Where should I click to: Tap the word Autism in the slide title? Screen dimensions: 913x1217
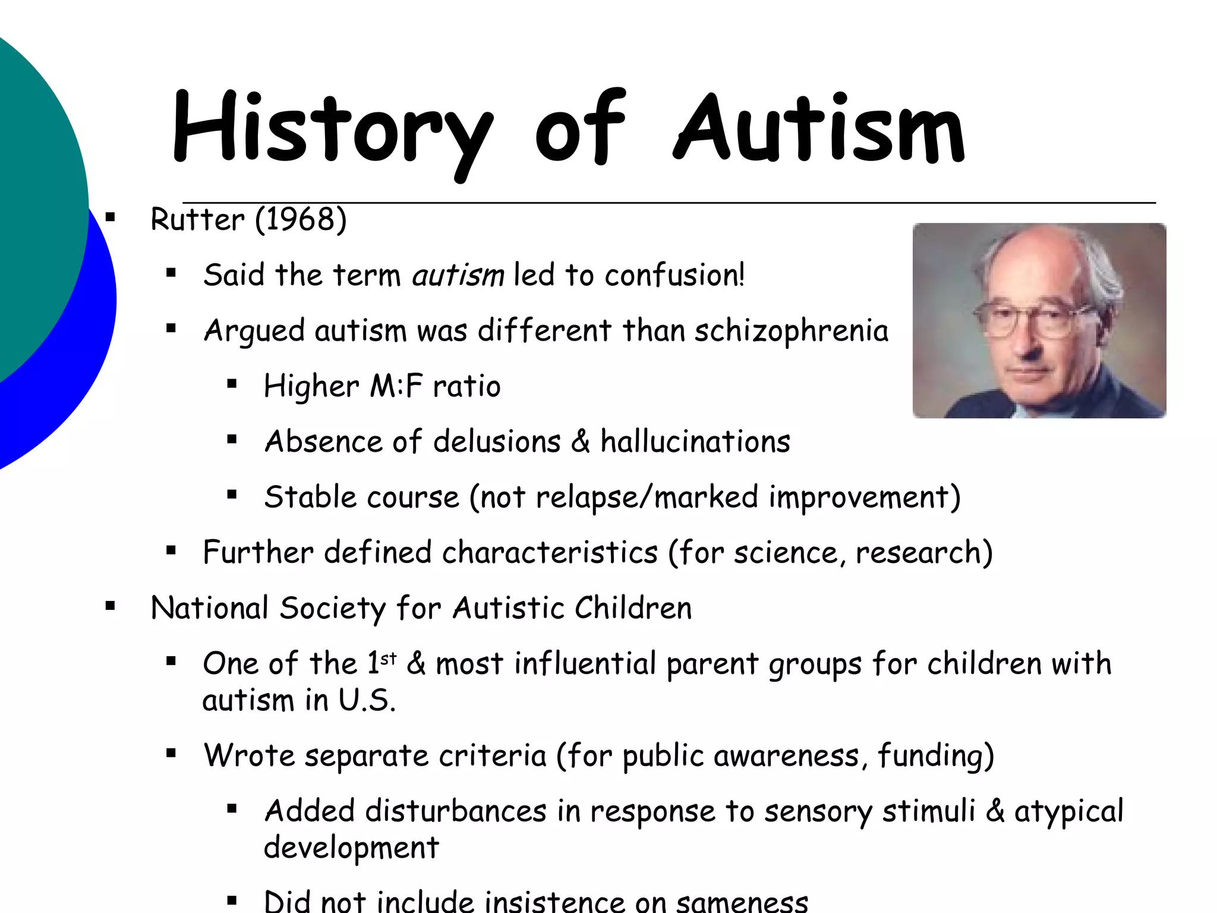point(820,128)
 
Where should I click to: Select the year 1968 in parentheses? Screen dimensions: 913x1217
point(301,220)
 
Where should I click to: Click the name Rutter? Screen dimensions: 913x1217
point(197,220)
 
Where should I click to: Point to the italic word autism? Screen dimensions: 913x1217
point(458,276)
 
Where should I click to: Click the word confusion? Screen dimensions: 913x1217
point(674,276)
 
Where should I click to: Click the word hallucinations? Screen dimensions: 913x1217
point(695,442)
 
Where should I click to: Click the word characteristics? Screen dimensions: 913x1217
point(550,552)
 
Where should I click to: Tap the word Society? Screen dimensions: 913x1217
point(332,608)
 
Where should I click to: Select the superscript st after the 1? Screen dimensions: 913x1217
point(388,659)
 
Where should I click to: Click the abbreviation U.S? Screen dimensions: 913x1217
point(367,700)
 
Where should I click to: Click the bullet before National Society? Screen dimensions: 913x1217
point(110,607)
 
